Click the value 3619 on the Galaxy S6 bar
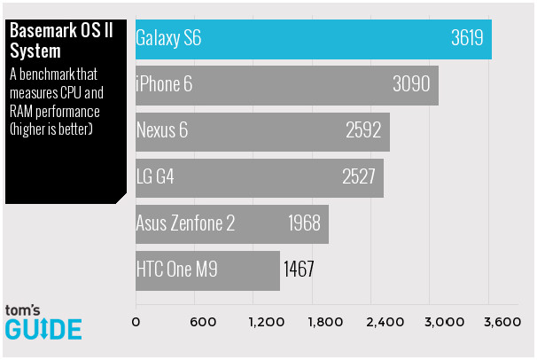467,39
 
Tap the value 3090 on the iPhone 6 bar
410,84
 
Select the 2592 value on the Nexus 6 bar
362,130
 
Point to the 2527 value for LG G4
359,176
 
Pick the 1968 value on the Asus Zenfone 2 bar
304,222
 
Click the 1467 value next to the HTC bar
300,268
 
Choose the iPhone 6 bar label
164,84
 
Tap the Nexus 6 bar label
162,130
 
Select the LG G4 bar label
155,176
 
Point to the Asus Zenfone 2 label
185,222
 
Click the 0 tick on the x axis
136,322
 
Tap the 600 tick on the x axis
203,322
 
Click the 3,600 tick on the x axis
501,322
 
